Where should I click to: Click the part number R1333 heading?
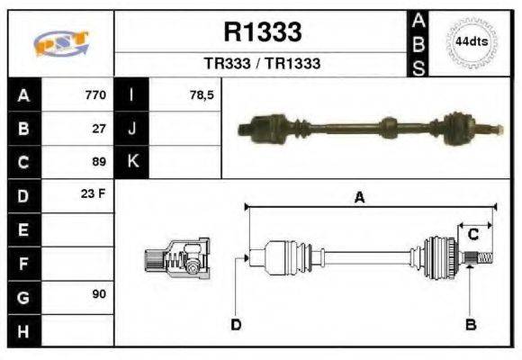pos(262,33)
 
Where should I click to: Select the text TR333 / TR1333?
pos(262,64)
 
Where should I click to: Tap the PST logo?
pos(60,43)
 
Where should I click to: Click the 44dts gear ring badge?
pos(472,42)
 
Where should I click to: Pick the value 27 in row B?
pos(99,129)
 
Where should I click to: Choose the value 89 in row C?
pos(99,162)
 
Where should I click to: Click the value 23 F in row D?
pos(94,194)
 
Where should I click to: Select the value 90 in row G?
pos(99,295)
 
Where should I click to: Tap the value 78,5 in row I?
pos(202,95)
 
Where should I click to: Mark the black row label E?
pos(23,229)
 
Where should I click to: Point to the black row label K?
pos(131,162)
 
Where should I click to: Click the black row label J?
pos(131,129)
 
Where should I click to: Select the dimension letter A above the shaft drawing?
pos(359,198)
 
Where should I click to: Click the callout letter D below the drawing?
pos(236,324)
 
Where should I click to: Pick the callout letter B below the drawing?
pos(470,324)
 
